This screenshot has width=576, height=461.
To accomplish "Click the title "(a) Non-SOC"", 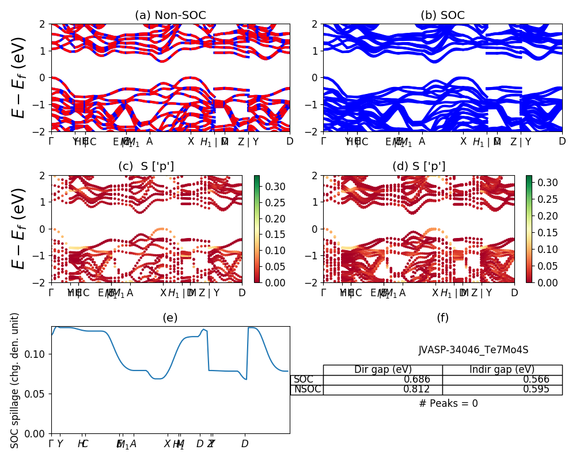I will [x=170, y=16].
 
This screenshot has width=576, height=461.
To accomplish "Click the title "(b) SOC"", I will [x=442, y=16].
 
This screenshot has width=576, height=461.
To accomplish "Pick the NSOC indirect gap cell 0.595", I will [x=536, y=390].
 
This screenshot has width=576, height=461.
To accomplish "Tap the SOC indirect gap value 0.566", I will [x=536, y=380].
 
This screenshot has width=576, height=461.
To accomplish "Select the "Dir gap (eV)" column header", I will [x=382, y=370].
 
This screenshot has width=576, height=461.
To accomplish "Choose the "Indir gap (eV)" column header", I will [x=502, y=370].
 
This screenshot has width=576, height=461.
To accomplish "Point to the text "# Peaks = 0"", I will [x=448, y=403].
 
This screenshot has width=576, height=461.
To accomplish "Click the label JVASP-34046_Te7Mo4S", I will [x=473, y=350].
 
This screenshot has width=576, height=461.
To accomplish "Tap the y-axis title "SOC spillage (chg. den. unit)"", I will [x=16, y=380].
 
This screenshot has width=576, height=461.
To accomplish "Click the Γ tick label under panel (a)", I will [x=51, y=141].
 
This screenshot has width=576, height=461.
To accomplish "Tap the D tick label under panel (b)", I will [x=562, y=141].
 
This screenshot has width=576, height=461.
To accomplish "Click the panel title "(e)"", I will [x=170, y=318].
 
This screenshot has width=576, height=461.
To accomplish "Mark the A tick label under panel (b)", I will [x=422, y=141].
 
